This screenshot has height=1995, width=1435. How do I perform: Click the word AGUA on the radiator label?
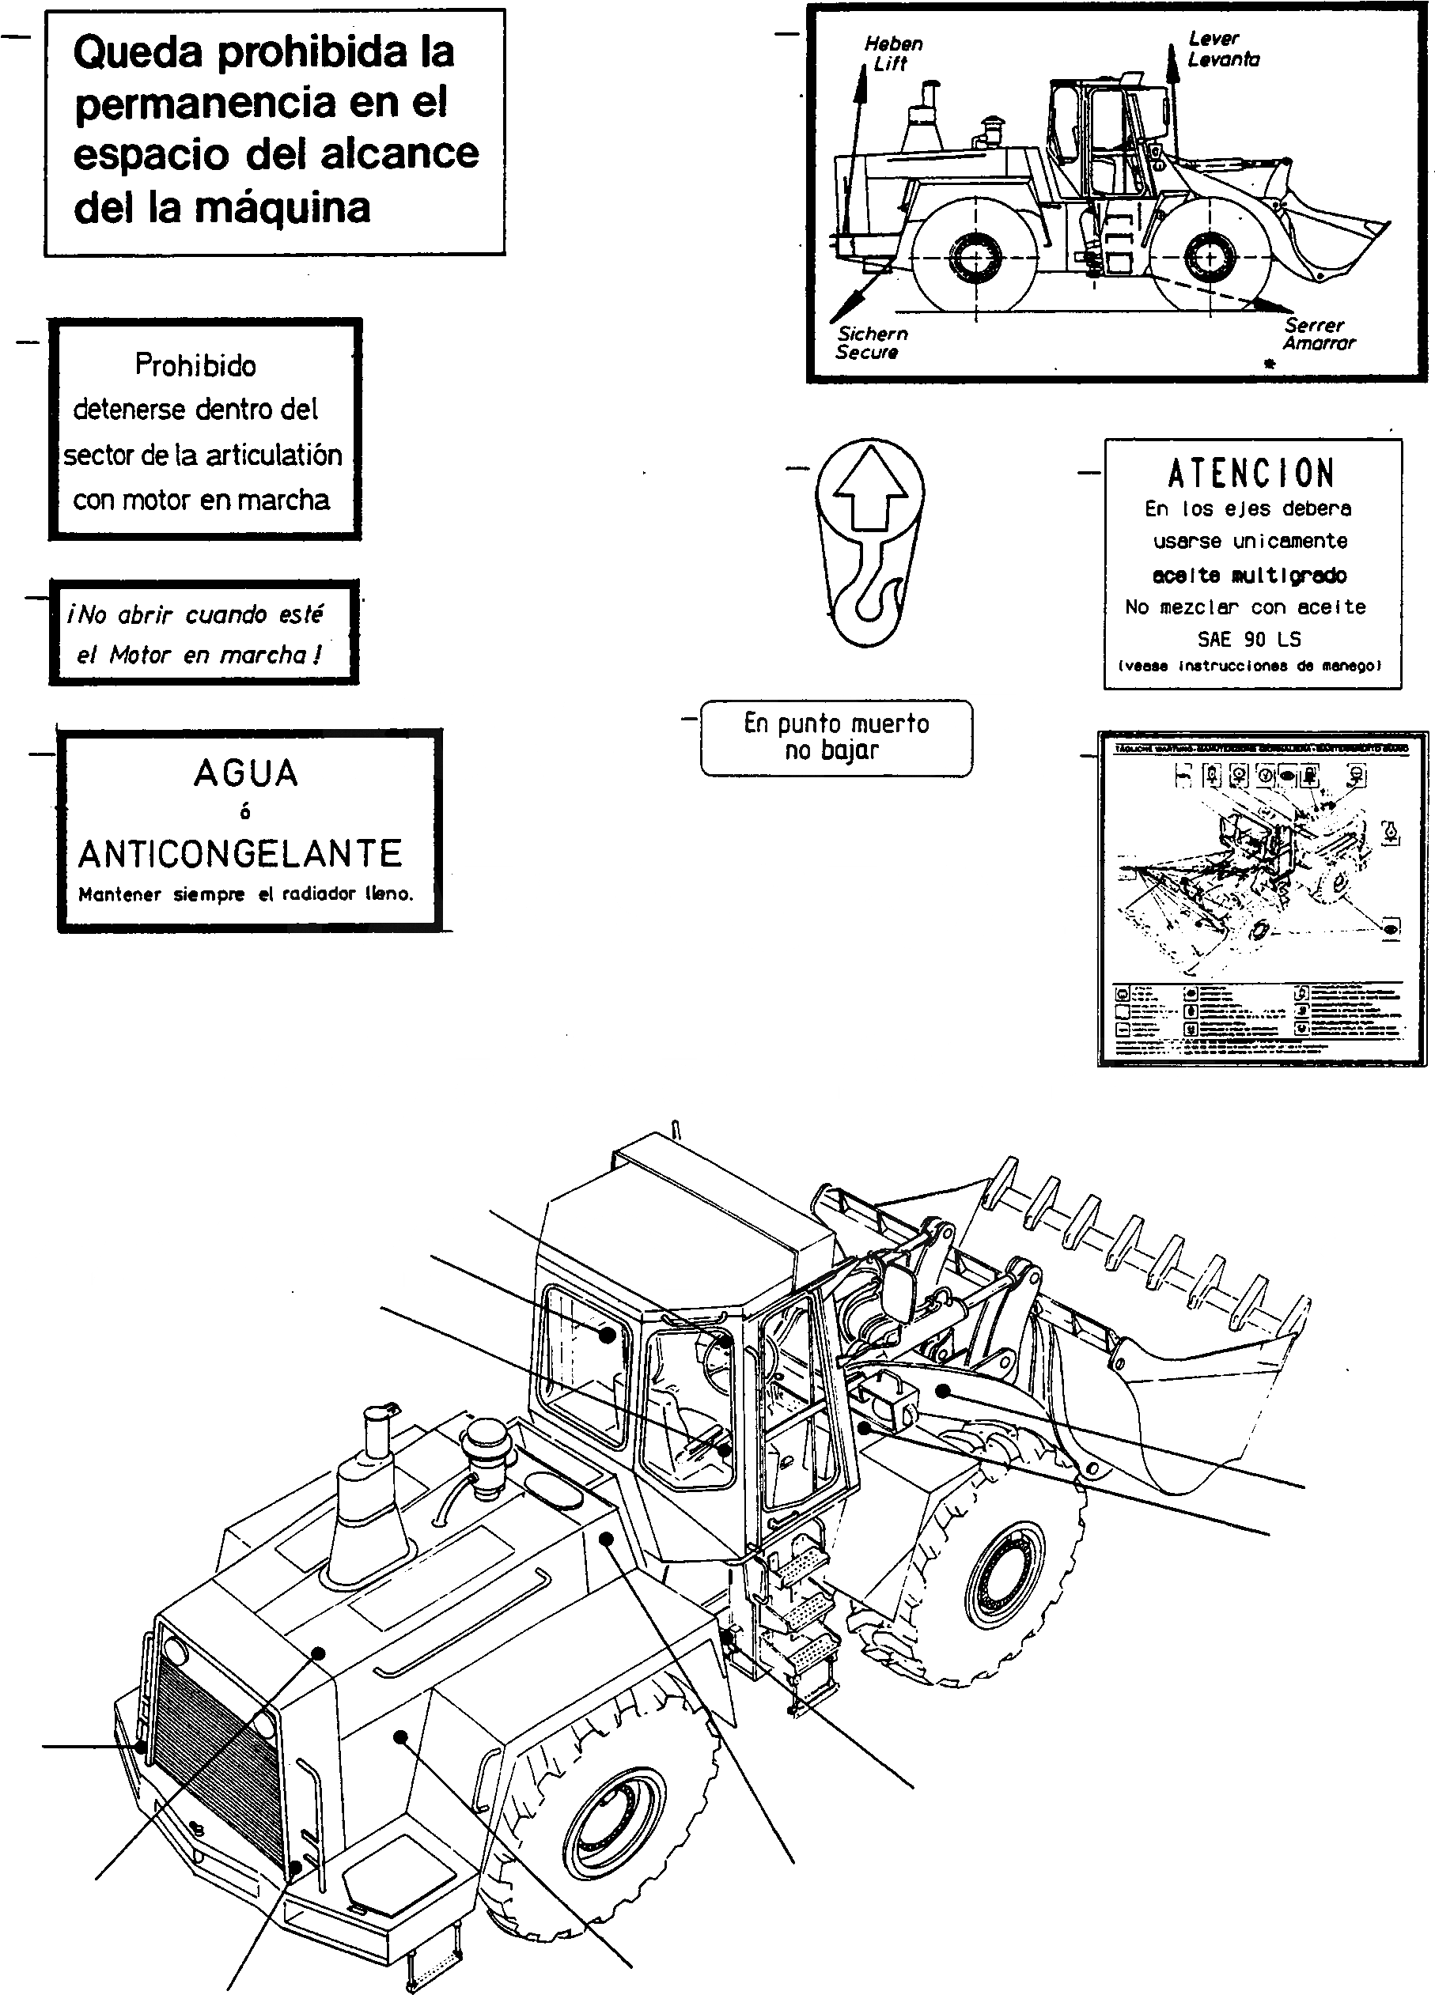245,774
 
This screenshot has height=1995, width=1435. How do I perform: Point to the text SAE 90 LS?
1248,640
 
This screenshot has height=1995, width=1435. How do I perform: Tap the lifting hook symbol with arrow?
869,542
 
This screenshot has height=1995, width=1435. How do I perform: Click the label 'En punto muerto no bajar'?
836,737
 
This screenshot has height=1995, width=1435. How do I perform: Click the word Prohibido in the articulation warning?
195,365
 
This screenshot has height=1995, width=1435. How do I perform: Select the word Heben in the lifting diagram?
893,43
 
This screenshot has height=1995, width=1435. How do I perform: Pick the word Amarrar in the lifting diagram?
1318,343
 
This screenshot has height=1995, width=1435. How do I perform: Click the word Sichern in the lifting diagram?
872,334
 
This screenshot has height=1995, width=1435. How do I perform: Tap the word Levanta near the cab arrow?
1223,60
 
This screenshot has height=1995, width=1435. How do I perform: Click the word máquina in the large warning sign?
282,209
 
